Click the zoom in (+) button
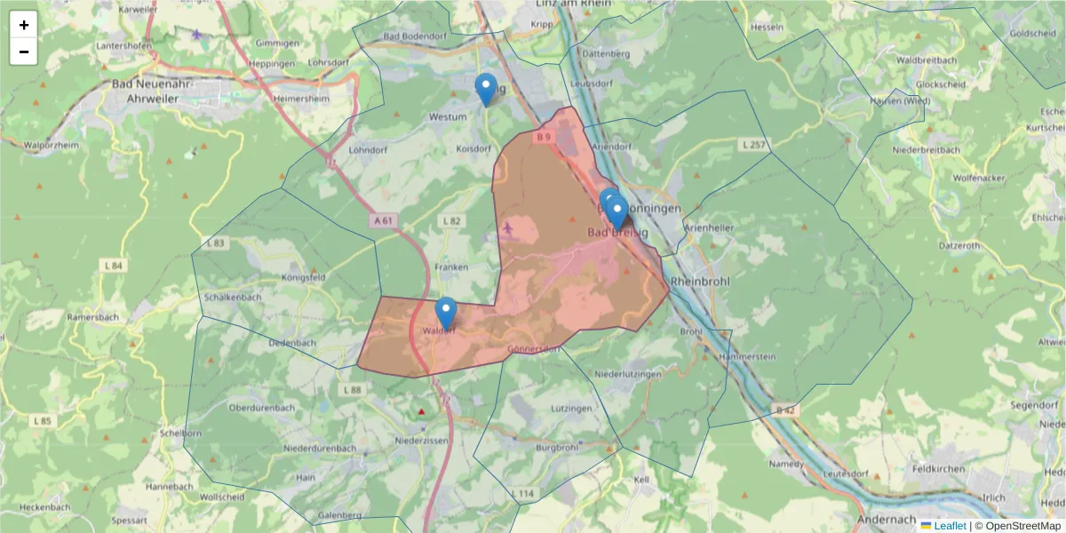point(24,25)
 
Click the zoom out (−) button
point(24,52)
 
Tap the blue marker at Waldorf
point(446,313)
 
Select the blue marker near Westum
point(486,89)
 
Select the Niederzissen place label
point(422,440)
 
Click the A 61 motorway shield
point(383,220)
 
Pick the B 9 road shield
point(544,137)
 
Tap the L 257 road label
point(752,144)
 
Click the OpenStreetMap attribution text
point(1024,526)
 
